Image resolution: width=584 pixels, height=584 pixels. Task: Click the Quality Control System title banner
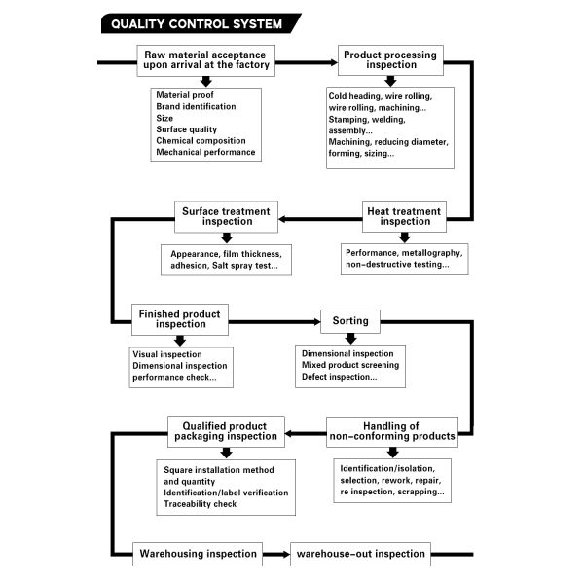click(201, 23)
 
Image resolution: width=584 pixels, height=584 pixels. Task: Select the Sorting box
click(350, 321)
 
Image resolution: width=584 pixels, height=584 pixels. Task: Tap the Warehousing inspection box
click(198, 554)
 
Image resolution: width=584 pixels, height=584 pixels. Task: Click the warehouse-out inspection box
click(360, 554)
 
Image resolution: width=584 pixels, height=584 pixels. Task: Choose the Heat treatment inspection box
click(404, 217)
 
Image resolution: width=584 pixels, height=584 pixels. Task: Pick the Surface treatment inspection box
click(226, 217)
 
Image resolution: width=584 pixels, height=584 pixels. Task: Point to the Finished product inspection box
click(180, 319)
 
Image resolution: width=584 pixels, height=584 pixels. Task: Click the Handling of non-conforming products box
click(392, 431)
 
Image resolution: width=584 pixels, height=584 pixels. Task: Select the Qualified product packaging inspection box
click(226, 431)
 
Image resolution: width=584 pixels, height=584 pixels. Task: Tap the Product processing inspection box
click(390, 60)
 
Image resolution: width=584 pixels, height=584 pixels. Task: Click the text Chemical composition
click(201, 141)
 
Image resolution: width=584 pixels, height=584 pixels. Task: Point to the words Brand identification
click(196, 106)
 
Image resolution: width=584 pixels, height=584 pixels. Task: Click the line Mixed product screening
click(350, 365)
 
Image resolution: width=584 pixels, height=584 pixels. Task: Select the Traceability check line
click(200, 504)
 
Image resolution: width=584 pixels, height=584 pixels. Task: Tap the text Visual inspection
click(167, 354)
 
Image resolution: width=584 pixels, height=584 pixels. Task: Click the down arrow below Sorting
click(350, 338)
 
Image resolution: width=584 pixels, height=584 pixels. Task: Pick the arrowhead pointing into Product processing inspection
click(334, 62)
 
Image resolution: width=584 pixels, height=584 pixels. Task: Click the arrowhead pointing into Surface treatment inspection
click(282, 219)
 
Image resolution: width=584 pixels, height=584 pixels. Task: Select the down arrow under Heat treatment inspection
click(405, 237)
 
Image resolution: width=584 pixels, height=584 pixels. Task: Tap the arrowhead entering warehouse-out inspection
click(286, 554)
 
